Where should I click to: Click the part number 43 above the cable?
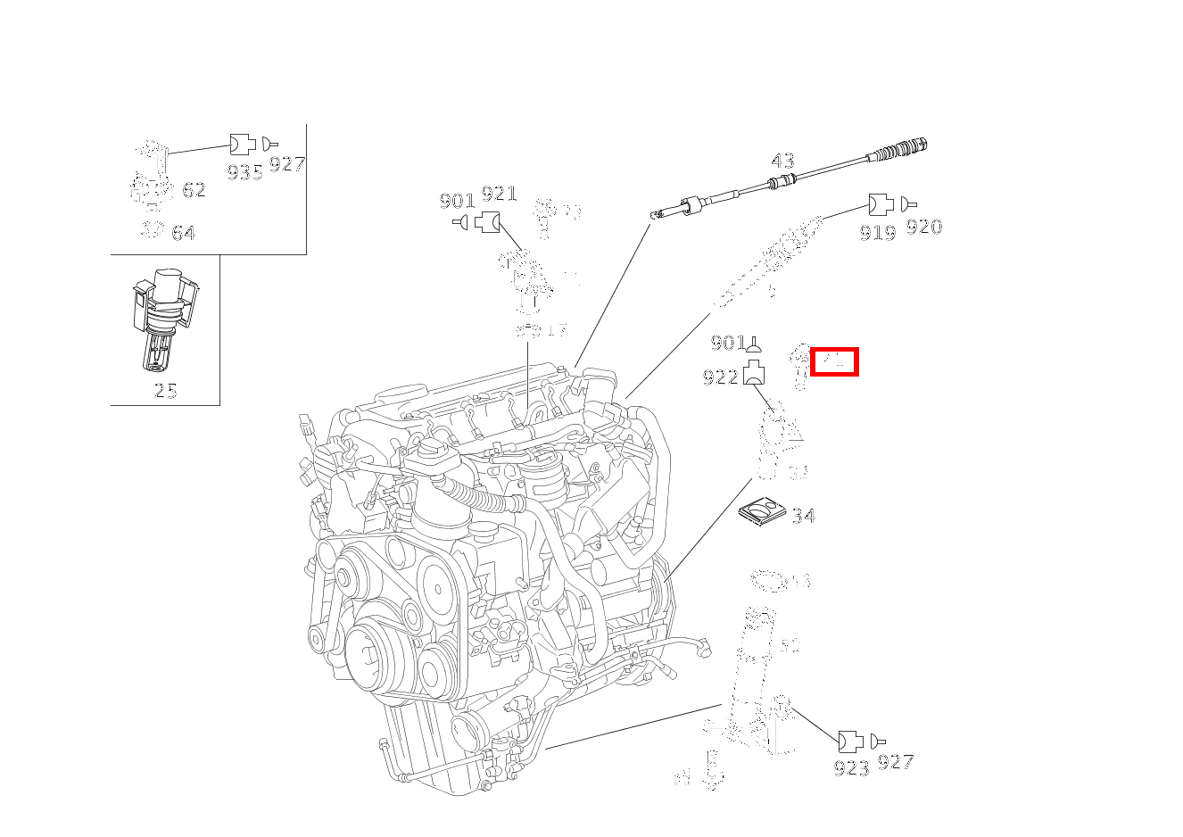pos(782,161)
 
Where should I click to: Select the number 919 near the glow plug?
pos(877,232)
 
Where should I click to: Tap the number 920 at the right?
pos(923,227)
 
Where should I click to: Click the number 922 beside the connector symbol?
pos(721,377)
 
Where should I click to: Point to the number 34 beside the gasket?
pos(803,516)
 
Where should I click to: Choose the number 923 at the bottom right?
pos(851,767)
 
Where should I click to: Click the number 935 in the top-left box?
pos(244,172)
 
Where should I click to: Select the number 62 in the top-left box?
pos(194,190)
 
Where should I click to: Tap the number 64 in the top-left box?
pos(183,233)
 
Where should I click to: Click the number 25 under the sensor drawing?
pos(165,390)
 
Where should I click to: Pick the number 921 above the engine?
pos(499,195)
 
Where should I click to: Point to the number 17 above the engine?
pos(556,330)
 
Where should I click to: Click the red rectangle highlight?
pos(834,361)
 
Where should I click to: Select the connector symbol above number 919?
pos(881,204)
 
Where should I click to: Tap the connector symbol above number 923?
pos(850,741)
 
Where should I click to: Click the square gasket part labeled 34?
pos(762,511)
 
